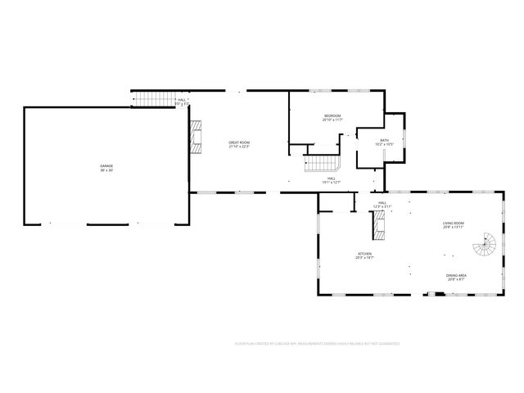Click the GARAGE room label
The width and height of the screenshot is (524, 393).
pos(107,165)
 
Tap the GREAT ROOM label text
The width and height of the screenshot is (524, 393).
pos(239,142)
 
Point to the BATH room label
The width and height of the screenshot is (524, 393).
pos(384,140)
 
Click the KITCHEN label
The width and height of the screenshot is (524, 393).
pos(364,254)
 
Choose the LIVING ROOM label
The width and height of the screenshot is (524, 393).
pos(454,223)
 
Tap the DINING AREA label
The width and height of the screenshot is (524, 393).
pos(455,275)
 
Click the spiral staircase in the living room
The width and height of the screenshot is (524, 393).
pos(488,243)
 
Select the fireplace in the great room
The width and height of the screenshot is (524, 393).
pos(196,136)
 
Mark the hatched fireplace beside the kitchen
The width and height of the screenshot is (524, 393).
pos(380,221)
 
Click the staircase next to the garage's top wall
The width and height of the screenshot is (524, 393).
pos(150,100)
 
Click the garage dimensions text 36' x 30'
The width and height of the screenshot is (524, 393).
pos(107,170)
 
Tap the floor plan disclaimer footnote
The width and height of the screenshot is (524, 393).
pos(318,345)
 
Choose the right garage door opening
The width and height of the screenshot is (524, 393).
pos(152,224)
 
